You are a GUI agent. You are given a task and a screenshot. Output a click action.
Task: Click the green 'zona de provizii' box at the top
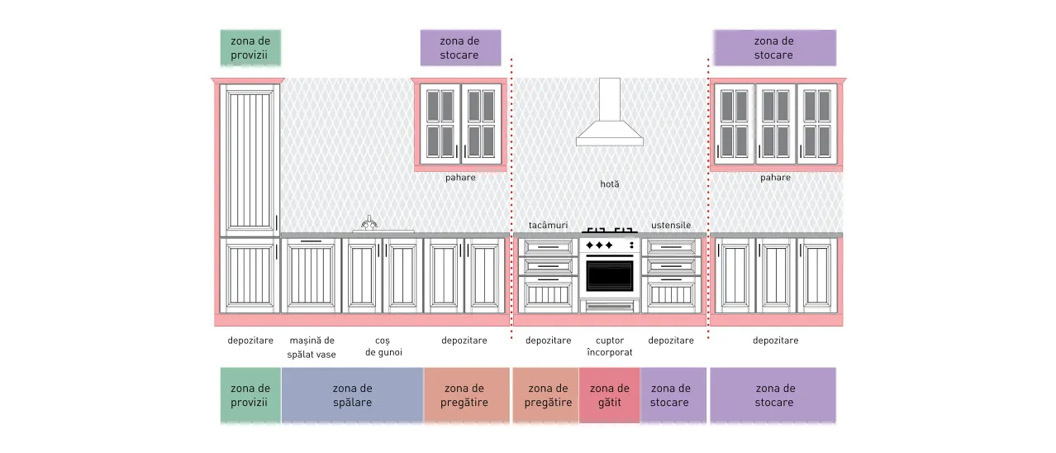click(x=250, y=48)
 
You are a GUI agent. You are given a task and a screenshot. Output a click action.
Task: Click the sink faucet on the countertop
click(x=369, y=222)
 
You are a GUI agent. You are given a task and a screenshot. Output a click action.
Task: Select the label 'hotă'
click(x=610, y=184)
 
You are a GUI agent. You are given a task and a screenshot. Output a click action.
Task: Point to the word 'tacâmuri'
click(x=548, y=226)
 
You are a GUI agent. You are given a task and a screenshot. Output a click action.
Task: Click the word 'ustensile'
click(x=671, y=226)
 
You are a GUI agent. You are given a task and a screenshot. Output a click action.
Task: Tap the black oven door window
click(x=610, y=276)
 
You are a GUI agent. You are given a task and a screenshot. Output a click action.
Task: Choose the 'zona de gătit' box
click(x=610, y=395)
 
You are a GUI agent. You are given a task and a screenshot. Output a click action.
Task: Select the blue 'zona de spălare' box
click(x=353, y=395)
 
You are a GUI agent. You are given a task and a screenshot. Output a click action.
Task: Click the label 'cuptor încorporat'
click(x=610, y=346)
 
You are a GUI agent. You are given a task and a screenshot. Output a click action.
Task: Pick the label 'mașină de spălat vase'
click(x=312, y=347)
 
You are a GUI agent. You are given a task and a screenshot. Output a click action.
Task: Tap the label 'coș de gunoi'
click(x=383, y=346)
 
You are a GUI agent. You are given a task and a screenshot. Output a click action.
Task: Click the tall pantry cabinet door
click(x=250, y=160)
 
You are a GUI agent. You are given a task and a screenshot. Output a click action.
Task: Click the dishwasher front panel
click(x=312, y=276)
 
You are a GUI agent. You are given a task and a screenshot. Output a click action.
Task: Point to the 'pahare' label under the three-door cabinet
click(x=776, y=178)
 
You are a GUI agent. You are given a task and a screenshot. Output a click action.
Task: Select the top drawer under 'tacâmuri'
click(x=548, y=247)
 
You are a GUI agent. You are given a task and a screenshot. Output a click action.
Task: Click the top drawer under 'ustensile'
click(x=671, y=247)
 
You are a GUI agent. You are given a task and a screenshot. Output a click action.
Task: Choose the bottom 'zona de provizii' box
click(x=250, y=395)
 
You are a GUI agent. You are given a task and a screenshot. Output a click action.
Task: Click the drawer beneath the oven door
click(x=610, y=307)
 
